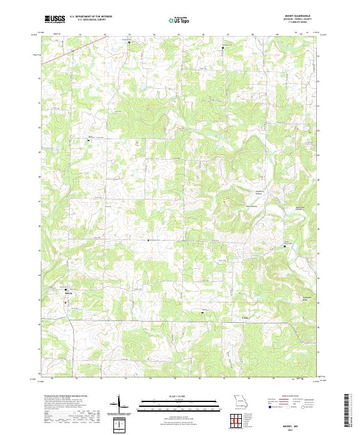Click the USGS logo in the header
55,19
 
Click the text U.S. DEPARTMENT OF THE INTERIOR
91,16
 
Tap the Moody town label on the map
68,293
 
